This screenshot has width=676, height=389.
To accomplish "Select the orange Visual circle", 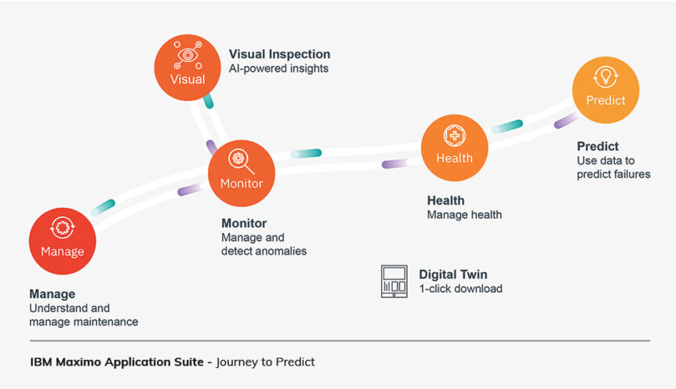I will click(187, 67).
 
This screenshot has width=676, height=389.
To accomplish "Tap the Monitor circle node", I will click(241, 173).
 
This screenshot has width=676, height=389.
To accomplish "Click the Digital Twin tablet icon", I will click(394, 282).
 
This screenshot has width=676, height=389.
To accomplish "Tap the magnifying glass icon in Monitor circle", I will click(239, 161).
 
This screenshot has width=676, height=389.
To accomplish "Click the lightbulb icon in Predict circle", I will click(605, 77).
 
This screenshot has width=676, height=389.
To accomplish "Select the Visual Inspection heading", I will click(279, 54).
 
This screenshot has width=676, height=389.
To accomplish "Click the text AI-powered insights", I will click(278, 69).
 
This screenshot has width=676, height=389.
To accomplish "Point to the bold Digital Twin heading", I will click(452, 274).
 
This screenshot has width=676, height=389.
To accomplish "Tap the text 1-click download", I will click(460, 289).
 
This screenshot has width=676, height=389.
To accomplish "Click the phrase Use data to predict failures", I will click(613, 168).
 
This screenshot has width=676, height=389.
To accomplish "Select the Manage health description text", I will click(464, 215).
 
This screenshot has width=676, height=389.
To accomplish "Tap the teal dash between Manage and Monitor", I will click(103, 206).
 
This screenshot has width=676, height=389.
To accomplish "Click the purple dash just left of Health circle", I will click(395, 163).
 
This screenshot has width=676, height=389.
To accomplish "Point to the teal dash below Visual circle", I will click(208, 101).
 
